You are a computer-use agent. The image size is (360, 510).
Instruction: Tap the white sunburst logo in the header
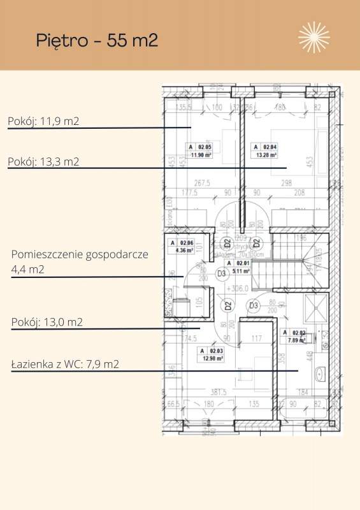tap(314, 37)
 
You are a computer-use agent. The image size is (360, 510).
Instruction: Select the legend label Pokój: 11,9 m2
tap(43, 120)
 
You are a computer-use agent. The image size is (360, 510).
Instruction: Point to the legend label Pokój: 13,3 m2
tap(43, 162)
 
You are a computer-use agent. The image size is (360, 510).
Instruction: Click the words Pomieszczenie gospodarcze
tap(80, 254)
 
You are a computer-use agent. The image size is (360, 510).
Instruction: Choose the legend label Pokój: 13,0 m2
tap(47, 322)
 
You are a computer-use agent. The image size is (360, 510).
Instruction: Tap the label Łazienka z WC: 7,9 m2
tap(66, 365)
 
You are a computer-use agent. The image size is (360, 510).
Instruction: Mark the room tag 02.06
tap(186, 243)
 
